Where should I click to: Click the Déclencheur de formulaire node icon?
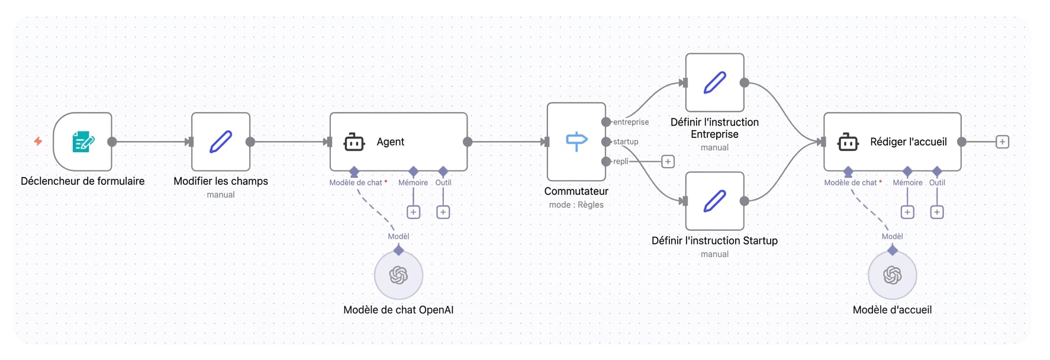[83, 142]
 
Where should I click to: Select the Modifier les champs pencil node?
[221, 142]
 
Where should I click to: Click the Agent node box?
[398, 142]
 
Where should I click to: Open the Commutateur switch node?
[576, 142]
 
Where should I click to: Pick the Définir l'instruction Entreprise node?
[714, 82]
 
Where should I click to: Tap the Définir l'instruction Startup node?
[714, 201]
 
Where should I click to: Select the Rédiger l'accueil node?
[892, 142]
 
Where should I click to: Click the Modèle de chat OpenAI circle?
[398, 275]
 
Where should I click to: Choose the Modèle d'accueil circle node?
[892, 275]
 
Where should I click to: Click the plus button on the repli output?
[668, 161]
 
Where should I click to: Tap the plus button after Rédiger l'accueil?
[1002, 142]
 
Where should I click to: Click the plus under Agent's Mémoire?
[413, 212]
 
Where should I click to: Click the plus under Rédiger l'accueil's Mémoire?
[907, 212]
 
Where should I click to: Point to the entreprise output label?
[631, 122]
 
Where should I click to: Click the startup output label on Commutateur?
[626, 142]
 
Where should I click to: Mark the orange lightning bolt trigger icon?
[38, 141]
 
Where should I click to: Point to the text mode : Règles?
[576, 205]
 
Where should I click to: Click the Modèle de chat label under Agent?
[356, 182]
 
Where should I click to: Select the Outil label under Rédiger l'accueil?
[937, 182]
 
